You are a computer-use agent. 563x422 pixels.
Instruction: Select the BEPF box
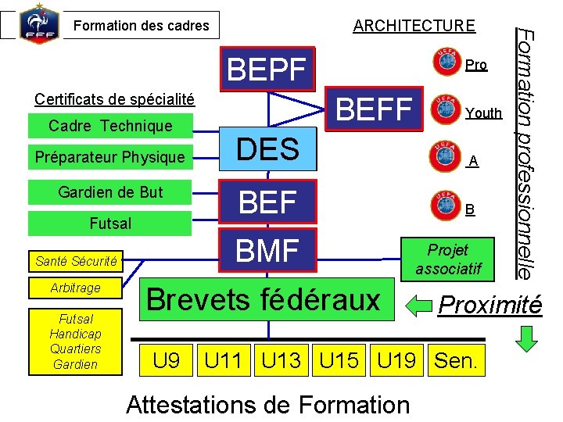(x=267, y=70)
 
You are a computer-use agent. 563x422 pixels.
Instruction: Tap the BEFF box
(x=374, y=109)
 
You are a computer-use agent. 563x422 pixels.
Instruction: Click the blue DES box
(x=268, y=148)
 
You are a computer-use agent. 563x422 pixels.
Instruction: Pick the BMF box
(x=268, y=251)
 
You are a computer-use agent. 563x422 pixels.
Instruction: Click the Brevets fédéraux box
(x=263, y=299)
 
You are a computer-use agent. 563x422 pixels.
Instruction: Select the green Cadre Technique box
(x=109, y=126)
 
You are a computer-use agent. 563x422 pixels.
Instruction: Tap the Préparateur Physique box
(x=109, y=157)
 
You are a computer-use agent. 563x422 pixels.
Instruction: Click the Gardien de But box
(x=109, y=192)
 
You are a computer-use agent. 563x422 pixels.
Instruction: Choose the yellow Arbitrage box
(x=76, y=288)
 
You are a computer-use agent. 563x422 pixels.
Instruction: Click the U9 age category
(x=167, y=361)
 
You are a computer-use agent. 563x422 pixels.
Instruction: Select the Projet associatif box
(x=448, y=259)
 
